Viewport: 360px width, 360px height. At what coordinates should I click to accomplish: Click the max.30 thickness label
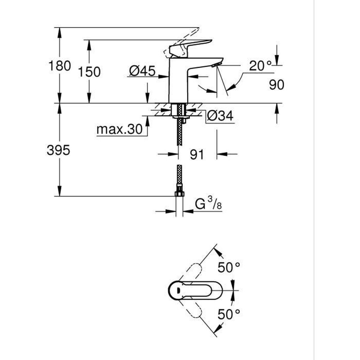coord(119,130)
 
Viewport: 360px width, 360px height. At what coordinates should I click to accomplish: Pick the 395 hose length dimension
coord(58,150)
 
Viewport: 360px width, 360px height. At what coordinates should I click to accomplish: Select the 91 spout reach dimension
coord(196,154)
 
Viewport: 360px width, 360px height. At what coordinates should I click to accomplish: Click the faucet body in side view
coord(178,81)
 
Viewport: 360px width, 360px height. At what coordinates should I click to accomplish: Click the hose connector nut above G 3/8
coord(179,193)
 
